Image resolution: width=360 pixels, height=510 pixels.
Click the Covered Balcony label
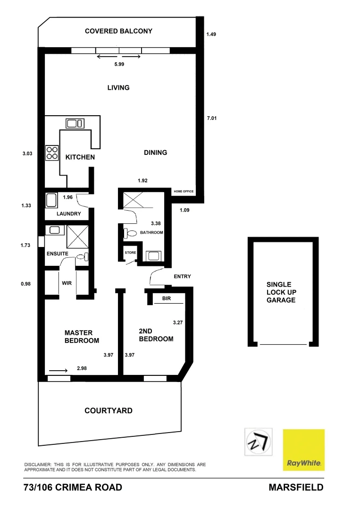pyautogui.click(x=118, y=31)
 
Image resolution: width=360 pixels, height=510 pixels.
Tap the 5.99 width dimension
pyautogui.click(x=118, y=64)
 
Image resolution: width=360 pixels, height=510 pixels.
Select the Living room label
pyautogui.click(x=118, y=87)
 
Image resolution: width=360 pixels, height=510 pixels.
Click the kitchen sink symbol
pyautogui.click(x=75, y=124)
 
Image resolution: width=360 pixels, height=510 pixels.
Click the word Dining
pyautogui.click(x=155, y=153)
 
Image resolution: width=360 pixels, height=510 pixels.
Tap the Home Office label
pyautogui.click(x=184, y=191)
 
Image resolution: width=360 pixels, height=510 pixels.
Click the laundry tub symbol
pyautogui.click(x=51, y=200)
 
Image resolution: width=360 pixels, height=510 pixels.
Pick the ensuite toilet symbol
pyautogui.click(x=82, y=257)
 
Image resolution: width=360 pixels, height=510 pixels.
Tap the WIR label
pyautogui.click(x=67, y=284)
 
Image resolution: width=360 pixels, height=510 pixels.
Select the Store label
pyautogui.click(x=130, y=253)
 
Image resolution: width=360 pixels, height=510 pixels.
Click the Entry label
pyautogui.click(x=182, y=276)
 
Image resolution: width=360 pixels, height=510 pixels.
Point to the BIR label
pyautogui.click(x=166, y=298)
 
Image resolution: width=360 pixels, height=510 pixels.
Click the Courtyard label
pyautogui.click(x=109, y=410)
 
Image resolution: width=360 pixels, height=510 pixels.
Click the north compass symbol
pyautogui.click(x=258, y=442)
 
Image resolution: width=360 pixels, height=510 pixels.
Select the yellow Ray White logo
pyautogui.click(x=303, y=450)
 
